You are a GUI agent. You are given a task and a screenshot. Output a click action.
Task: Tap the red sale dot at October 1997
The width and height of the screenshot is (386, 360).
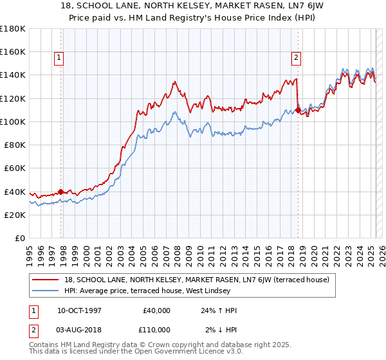61,191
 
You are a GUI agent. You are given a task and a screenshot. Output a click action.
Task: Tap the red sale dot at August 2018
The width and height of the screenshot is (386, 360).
299,110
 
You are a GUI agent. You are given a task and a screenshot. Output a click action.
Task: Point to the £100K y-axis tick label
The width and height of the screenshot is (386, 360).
13,122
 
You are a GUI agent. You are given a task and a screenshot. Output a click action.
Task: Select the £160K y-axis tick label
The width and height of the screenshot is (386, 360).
13,51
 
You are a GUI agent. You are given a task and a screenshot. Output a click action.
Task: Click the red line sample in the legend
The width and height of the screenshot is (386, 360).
47,280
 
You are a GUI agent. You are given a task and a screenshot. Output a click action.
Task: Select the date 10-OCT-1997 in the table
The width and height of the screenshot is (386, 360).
80,310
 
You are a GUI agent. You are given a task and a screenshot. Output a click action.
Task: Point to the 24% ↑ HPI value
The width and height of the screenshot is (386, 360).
219,310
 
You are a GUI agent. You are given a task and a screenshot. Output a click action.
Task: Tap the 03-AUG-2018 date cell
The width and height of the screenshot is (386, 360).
80,329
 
